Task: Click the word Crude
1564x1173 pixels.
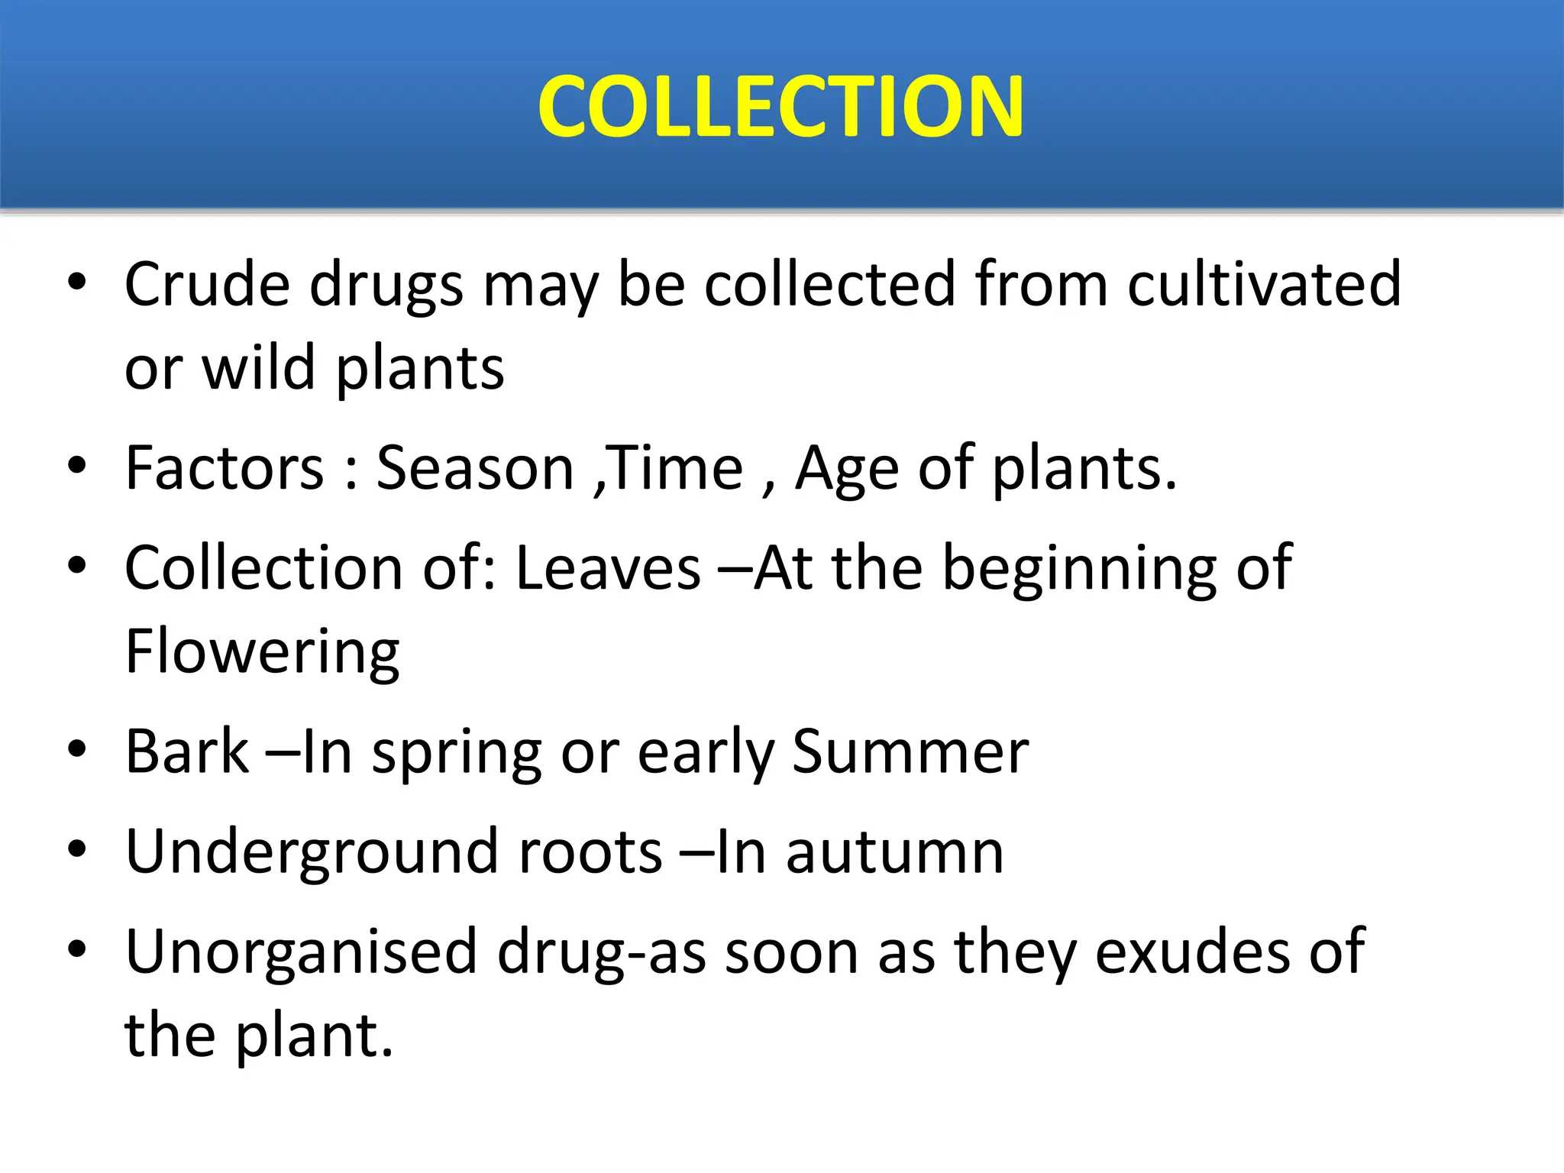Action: coord(207,284)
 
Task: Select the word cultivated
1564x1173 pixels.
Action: coord(1264,284)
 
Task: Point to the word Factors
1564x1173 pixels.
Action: coord(225,468)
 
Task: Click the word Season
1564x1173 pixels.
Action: coord(475,468)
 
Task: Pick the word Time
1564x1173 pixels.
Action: coord(676,468)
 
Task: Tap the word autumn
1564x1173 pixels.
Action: coord(894,853)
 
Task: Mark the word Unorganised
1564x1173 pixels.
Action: coord(302,953)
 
